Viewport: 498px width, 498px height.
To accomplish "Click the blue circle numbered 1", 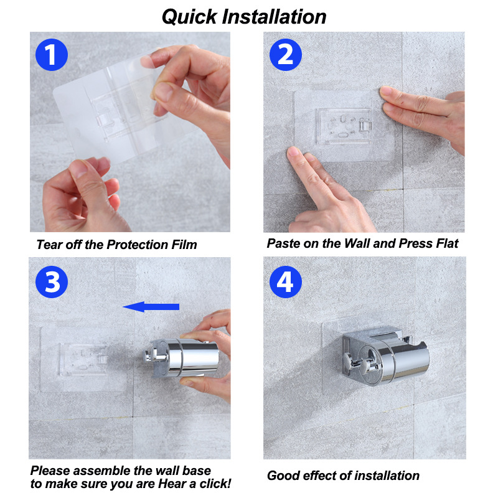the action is pos(52,55).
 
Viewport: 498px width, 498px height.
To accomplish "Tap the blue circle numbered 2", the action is pos(286,55).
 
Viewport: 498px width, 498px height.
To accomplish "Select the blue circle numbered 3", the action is pos(52,282).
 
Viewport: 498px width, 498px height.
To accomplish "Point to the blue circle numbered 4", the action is pos(286,282).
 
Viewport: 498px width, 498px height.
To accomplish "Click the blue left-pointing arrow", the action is pos(151,307).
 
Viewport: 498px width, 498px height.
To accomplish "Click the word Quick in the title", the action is pos(189,17).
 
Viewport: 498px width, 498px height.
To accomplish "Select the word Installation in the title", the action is pos(274,17).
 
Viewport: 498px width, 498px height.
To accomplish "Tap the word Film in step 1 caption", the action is pos(184,245).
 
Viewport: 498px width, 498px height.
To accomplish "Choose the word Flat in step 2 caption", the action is pos(447,243).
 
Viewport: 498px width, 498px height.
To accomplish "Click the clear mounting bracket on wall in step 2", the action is pos(344,126).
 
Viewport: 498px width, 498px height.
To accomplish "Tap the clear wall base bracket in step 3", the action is pos(83,359).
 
